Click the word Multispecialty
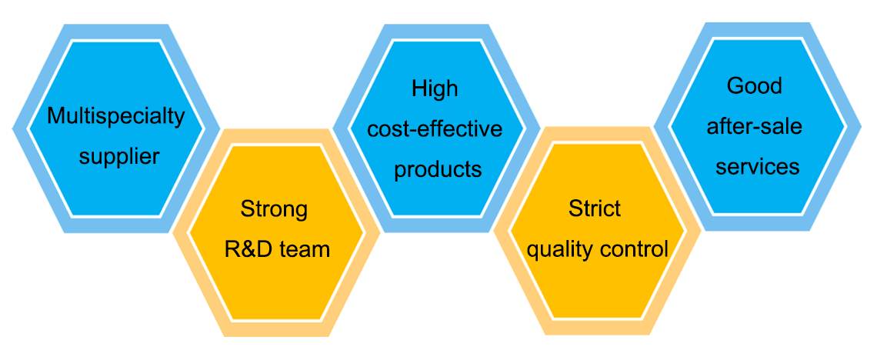coord(116,116)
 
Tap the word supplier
coord(119,157)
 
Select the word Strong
coord(274,208)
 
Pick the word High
coord(435,88)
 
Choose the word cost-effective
coord(435,128)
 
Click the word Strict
coord(595,208)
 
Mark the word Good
coord(754,85)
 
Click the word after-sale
coord(754,125)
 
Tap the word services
coord(757,166)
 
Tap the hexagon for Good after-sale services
coord(757,200)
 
